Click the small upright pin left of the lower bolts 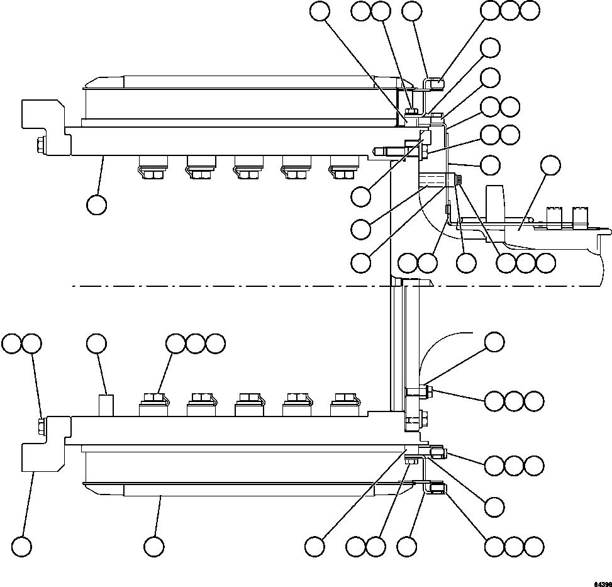106,404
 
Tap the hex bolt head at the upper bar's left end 41,145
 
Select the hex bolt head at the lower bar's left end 41,426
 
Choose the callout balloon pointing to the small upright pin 96,344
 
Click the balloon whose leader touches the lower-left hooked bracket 23,547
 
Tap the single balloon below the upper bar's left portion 96,204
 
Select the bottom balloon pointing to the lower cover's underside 152,547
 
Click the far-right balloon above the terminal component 551,165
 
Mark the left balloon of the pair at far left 12,344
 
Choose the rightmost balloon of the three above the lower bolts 215,344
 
